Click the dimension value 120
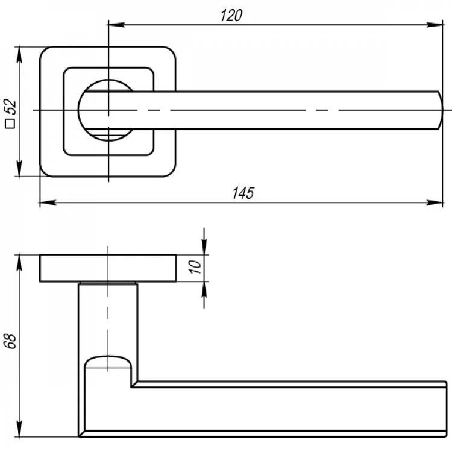[x=231, y=16]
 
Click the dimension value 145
[x=243, y=193]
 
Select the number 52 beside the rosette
[x=10, y=107]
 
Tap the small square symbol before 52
[x=10, y=124]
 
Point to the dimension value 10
[x=195, y=267]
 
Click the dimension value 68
[x=10, y=341]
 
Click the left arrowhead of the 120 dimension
[x=116, y=25]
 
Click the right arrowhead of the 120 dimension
[x=435, y=25]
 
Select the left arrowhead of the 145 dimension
[x=48, y=202]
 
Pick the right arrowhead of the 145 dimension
[x=435, y=202]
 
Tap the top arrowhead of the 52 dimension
[x=19, y=54]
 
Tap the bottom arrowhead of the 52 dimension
[x=19, y=168]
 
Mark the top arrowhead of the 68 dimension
[x=19, y=263]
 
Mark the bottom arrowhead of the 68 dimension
[x=19, y=428]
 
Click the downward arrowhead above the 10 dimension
[x=204, y=246]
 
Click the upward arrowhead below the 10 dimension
[x=204, y=289]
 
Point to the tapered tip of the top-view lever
[x=440, y=110]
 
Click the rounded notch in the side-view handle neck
[x=108, y=362]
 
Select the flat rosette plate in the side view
[x=108, y=268]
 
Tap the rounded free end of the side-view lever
[x=445, y=409]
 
